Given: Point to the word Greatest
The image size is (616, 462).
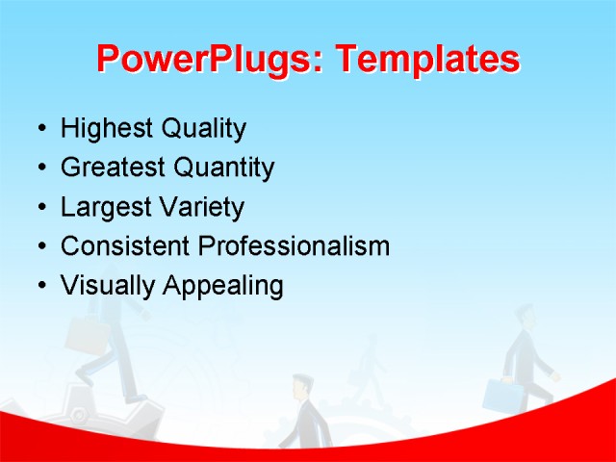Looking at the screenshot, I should pos(112,168).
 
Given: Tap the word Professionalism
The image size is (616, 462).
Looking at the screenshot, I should pos(294,246).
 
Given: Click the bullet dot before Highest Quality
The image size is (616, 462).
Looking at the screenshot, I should pos(39,130).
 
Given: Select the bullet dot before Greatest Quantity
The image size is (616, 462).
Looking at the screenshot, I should pos(39,169).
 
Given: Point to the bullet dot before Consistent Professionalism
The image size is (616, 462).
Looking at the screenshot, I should pos(39,247).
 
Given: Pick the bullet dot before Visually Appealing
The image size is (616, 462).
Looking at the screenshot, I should pos(39,287).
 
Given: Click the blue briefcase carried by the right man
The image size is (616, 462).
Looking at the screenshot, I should pos(500,395).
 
